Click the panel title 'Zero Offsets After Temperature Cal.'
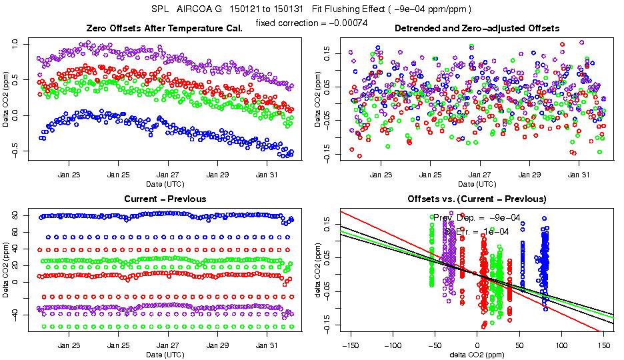point(165,28)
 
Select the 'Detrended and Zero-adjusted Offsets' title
point(477,28)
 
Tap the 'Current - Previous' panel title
point(165,199)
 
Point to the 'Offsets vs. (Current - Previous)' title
point(477,199)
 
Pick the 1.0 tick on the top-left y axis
point(17,44)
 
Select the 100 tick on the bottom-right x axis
point(561,345)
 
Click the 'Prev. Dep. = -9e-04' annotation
point(476,218)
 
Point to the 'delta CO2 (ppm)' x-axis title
point(477,354)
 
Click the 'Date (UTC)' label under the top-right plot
point(477,183)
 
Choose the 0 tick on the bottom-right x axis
point(477,345)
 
